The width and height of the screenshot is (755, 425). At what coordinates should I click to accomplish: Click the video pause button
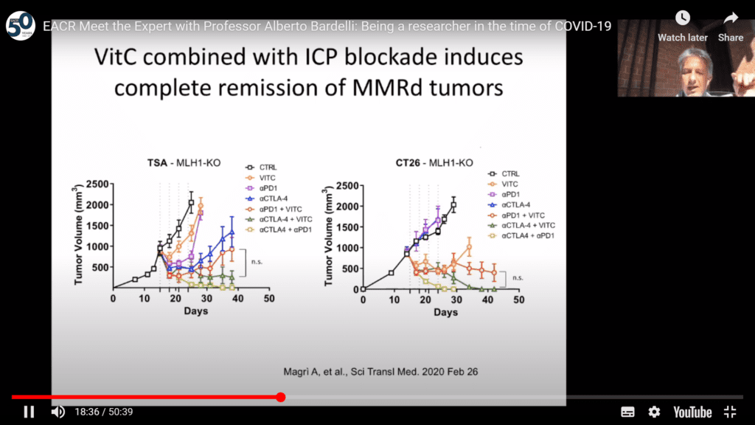pyautogui.click(x=29, y=412)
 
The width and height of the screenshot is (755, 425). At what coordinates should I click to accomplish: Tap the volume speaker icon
pyautogui.click(x=58, y=412)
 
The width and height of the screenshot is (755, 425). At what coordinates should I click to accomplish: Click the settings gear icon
pyautogui.click(x=654, y=412)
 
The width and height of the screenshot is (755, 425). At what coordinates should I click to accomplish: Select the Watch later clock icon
pyautogui.click(x=683, y=18)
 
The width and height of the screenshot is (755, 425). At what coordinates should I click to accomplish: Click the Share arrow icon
pyautogui.click(x=731, y=18)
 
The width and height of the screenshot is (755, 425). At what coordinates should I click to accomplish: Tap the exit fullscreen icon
pyautogui.click(x=730, y=412)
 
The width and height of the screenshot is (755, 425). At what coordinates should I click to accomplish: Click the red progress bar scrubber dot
pyautogui.click(x=281, y=397)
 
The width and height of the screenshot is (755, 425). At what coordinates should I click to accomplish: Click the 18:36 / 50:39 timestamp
pyautogui.click(x=104, y=412)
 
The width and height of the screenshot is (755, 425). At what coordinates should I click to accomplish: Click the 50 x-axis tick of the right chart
pyautogui.click(x=518, y=300)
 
